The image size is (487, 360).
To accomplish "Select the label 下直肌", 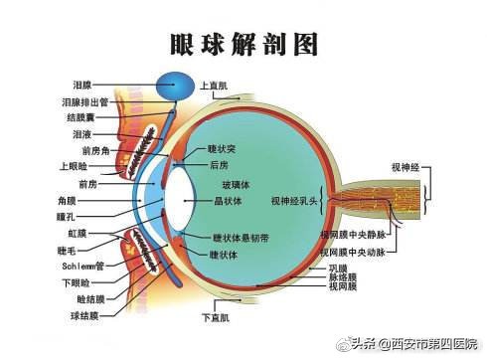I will point(215,318).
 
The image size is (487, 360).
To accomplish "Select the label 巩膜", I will point(338,269).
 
